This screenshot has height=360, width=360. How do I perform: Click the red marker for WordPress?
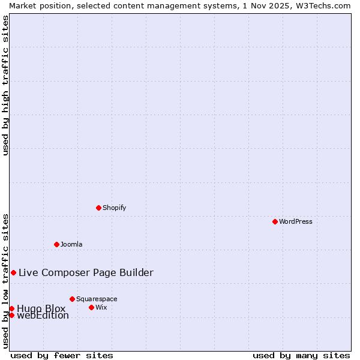tap(275, 221)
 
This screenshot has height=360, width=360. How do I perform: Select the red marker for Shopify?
tap(98, 208)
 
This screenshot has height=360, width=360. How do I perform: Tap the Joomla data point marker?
tap(56, 244)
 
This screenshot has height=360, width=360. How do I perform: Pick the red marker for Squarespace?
tap(72, 299)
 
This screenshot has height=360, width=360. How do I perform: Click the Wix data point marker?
tap(91, 307)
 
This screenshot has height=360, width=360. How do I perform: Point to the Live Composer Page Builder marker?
tap(13, 272)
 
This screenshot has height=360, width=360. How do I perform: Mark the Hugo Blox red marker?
tap(11, 308)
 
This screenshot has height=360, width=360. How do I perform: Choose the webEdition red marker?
tap(11, 315)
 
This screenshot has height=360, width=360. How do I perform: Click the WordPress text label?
tap(296, 221)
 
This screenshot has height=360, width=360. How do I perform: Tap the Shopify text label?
tap(114, 208)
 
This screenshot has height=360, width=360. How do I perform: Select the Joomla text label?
tap(71, 244)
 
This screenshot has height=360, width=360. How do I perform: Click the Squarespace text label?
tap(97, 299)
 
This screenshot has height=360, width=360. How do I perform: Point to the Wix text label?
tap(101, 307)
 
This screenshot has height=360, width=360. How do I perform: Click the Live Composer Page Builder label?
tap(86, 272)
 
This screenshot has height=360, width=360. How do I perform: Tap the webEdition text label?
tap(43, 316)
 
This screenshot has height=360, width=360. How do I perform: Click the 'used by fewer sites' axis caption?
tap(62, 355)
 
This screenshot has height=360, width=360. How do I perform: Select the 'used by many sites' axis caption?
tap(301, 355)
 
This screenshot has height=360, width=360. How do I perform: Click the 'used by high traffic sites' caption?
tap(5, 85)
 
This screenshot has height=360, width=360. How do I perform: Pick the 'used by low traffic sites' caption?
tap(5, 281)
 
